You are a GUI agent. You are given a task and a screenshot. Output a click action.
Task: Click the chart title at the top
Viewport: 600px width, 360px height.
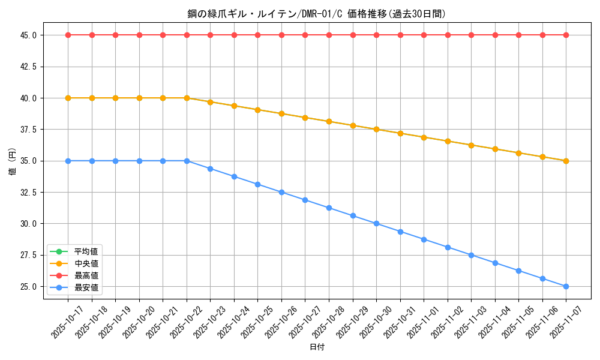click(317, 14)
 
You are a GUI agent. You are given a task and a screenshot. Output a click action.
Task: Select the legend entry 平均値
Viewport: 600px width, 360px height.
click(86, 251)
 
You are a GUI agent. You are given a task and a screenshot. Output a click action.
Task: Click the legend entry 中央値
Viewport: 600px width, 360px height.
click(86, 263)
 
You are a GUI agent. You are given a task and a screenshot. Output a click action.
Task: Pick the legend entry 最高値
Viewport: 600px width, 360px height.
click(86, 275)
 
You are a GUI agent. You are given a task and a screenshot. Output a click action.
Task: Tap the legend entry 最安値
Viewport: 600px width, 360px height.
click(86, 287)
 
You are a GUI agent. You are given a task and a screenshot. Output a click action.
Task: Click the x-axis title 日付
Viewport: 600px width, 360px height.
click(317, 347)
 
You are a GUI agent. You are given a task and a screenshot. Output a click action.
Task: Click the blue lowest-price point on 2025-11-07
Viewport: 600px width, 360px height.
click(566, 286)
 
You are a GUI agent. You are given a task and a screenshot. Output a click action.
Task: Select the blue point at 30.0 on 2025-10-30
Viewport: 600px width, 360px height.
click(376, 223)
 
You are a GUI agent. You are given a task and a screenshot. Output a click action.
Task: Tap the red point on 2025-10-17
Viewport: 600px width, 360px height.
click(68, 35)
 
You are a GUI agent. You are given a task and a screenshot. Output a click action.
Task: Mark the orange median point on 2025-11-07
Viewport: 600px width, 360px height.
click(566, 161)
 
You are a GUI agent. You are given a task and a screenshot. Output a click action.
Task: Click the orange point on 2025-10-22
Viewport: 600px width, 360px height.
click(187, 98)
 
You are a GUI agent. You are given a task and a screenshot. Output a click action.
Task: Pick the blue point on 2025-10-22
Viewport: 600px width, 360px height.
click(187, 161)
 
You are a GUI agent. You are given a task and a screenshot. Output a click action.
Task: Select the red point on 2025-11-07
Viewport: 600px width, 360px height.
click(566, 35)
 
